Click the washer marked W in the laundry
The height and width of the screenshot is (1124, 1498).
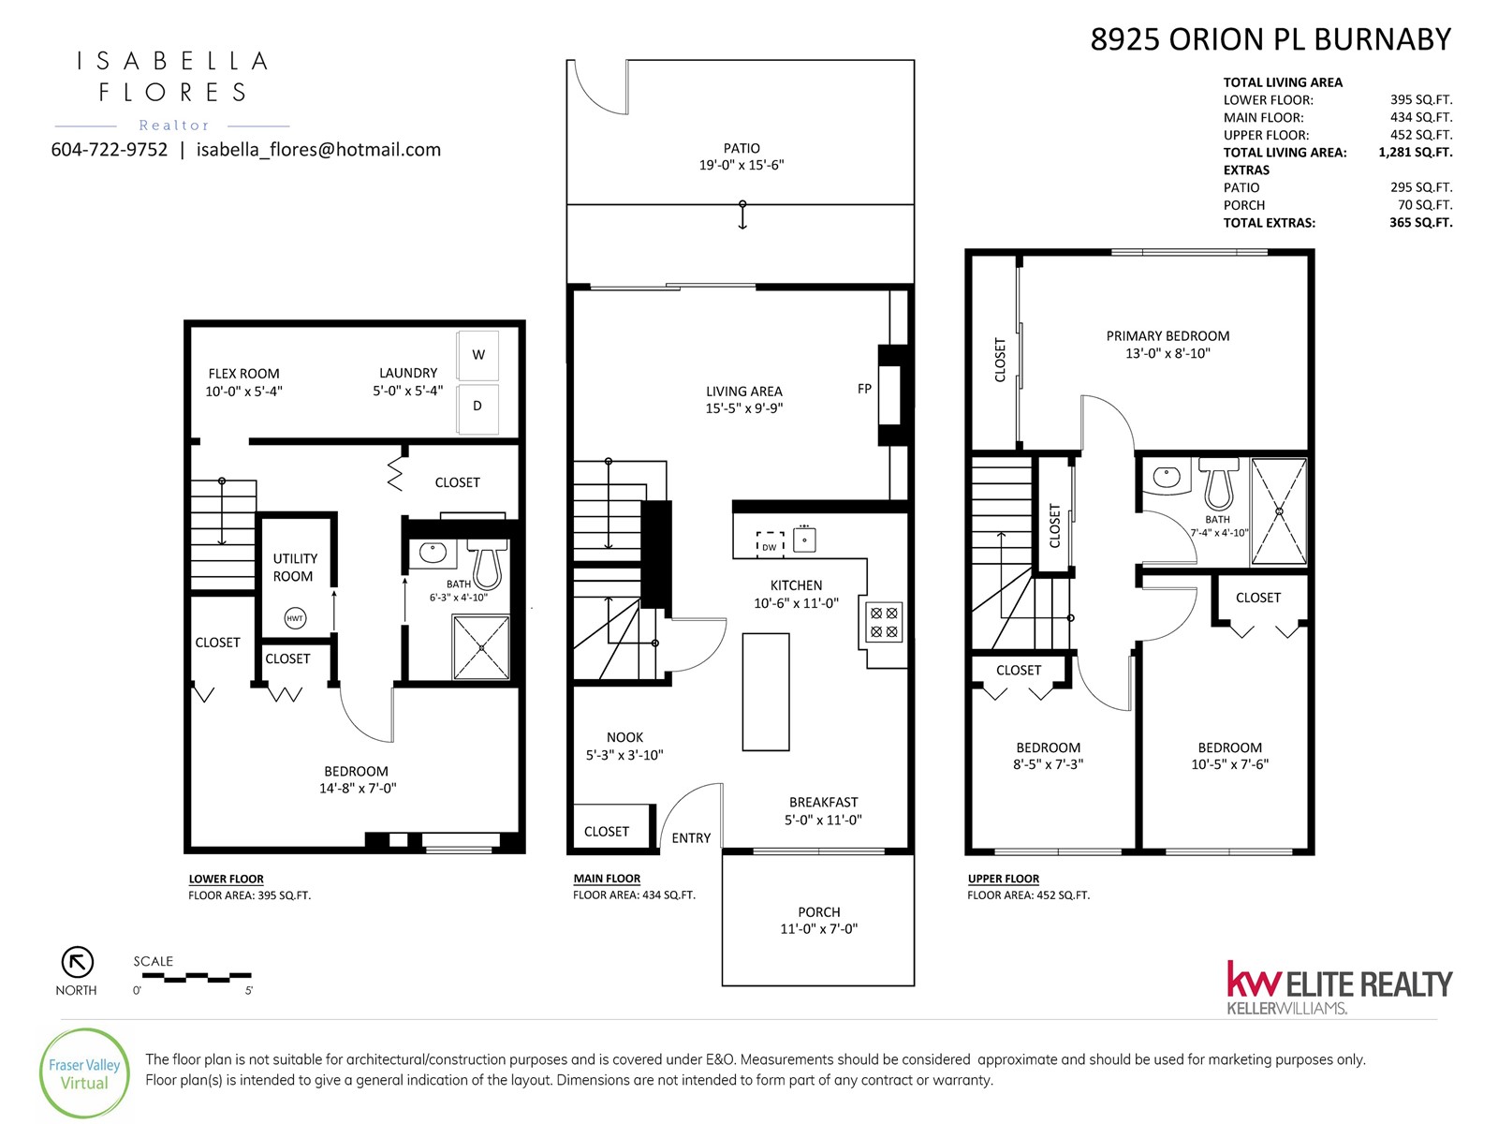[477, 355]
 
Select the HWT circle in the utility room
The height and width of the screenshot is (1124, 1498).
[295, 618]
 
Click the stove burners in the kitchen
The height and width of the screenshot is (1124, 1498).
[884, 622]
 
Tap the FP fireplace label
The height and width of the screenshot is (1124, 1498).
[864, 389]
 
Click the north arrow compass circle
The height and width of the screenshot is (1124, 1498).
[77, 962]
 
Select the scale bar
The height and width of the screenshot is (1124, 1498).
[197, 977]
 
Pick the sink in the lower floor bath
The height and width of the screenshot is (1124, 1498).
[433, 553]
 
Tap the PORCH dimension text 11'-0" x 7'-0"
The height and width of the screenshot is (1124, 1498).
[818, 929]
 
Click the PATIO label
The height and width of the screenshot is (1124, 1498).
[742, 148]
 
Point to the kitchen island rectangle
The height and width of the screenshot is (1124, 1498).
[766, 692]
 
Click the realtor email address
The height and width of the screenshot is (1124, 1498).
[318, 150]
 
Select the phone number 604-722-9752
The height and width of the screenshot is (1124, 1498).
[110, 150]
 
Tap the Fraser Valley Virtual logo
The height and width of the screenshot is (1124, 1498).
[84, 1073]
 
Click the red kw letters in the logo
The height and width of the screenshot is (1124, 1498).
[1254, 980]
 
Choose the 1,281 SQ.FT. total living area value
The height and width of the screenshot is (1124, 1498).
[1415, 152]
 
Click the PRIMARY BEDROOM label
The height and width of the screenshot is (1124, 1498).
[1168, 335]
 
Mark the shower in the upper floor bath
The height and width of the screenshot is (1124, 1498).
[1279, 511]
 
